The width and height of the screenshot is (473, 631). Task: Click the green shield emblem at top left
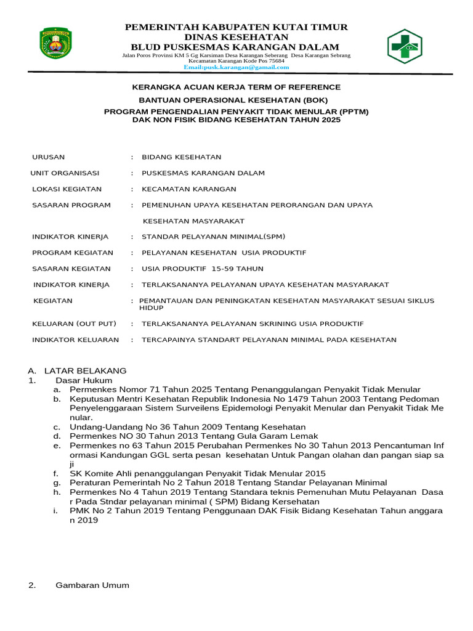coord(56,43)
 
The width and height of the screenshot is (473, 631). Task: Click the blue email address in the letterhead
coord(236,67)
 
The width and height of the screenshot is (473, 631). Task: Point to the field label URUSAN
coord(48,157)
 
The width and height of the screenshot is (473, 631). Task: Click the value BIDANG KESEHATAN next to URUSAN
coord(181,157)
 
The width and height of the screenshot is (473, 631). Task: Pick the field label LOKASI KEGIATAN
coord(67,189)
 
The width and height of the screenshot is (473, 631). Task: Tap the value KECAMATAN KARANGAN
coord(188,189)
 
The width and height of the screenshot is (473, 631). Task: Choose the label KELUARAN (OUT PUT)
coord(74,324)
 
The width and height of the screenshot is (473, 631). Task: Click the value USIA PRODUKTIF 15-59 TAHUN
coord(202,269)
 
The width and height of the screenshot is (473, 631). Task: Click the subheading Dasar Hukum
coord(84,380)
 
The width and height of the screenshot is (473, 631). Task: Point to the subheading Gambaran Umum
coord(92,585)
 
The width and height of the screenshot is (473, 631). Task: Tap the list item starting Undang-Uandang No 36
coord(187,426)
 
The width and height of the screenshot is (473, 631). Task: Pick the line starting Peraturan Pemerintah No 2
coord(228,482)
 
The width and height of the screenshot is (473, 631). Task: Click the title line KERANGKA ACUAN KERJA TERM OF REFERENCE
coord(236,87)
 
